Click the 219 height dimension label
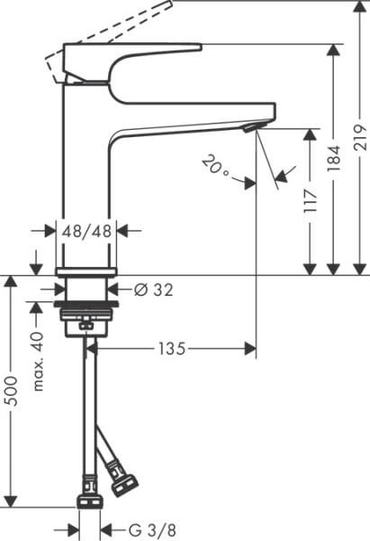pyautogui.click(x=359, y=135)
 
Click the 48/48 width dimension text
pyautogui.click(x=87, y=230)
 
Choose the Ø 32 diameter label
pyautogui.click(x=152, y=289)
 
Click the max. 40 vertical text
pyautogui.click(x=37, y=361)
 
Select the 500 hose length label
pyautogui.click(x=11, y=390)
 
